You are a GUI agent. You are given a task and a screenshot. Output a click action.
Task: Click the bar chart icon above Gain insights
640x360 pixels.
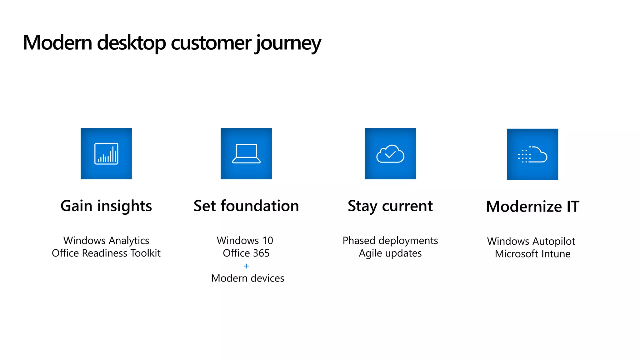106,153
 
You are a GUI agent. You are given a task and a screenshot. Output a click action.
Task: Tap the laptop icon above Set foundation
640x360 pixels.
246,153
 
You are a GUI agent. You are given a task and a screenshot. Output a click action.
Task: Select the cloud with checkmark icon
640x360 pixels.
390,153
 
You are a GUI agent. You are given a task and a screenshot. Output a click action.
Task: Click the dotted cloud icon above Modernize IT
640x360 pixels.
532,154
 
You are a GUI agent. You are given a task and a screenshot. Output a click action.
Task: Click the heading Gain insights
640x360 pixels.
106,206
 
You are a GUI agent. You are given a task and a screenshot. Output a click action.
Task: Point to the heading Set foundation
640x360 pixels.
246,206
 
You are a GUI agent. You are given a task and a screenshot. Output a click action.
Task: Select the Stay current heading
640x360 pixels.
390,206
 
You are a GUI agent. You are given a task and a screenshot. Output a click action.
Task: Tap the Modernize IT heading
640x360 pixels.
532,207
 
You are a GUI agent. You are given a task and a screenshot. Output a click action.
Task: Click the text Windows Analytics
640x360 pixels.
106,240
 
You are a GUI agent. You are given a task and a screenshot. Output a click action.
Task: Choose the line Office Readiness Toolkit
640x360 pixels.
106,253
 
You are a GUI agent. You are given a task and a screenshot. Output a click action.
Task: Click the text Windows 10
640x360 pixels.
245,240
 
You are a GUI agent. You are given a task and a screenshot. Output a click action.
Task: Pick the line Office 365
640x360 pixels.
246,253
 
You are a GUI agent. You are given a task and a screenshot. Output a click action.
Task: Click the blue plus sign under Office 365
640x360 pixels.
246,266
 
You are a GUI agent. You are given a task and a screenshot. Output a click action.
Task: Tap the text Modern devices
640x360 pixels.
247,278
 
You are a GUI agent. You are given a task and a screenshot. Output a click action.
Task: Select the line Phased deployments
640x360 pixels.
390,240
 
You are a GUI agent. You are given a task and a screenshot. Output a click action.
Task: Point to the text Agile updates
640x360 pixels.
390,253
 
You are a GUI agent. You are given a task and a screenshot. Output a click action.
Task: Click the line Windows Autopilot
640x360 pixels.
531,241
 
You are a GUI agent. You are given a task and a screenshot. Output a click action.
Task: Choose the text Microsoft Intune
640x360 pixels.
532,253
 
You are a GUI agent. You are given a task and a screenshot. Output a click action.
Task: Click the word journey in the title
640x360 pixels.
288,43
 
